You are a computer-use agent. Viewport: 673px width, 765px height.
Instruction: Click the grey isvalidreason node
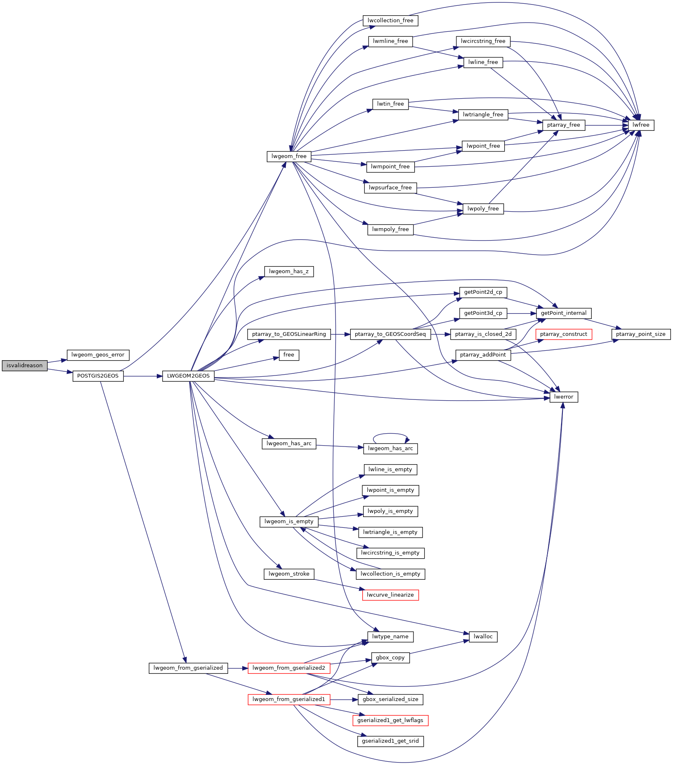(x=25, y=366)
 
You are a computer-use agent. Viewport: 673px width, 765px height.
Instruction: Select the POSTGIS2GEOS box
(x=98, y=376)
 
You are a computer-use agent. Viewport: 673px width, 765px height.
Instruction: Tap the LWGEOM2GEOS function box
(x=188, y=376)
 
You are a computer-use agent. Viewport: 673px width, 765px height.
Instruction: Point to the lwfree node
(x=641, y=125)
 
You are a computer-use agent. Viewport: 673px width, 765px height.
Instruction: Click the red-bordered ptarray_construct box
(x=564, y=334)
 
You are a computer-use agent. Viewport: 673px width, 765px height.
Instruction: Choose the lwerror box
(x=564, y=397)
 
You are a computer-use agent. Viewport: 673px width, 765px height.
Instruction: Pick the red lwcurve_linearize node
(x=390, y=595)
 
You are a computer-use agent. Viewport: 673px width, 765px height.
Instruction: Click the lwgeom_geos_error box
(x=98, y=355)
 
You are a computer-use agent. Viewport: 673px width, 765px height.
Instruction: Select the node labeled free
(x=289, y=355)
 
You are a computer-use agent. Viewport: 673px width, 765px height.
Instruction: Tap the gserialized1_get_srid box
(x=390, y=741)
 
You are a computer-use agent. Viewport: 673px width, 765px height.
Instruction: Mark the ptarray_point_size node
(x=641, y=334)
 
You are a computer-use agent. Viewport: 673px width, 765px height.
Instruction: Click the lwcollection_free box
(x=390, y=21)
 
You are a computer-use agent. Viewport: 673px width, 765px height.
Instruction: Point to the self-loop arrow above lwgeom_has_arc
(x=390, y=434)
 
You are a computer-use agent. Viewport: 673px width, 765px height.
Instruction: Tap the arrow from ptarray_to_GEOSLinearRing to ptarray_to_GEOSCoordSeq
(x=340, y=334)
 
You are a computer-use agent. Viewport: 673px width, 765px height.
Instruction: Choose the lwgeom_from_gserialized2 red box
(x=289, y=668)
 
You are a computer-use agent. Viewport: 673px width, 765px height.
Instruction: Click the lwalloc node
(x=483, y=637)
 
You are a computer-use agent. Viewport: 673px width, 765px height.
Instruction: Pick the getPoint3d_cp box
(x=483, y=313)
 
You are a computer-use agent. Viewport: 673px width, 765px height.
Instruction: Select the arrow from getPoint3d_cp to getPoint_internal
(x=522, y=313)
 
